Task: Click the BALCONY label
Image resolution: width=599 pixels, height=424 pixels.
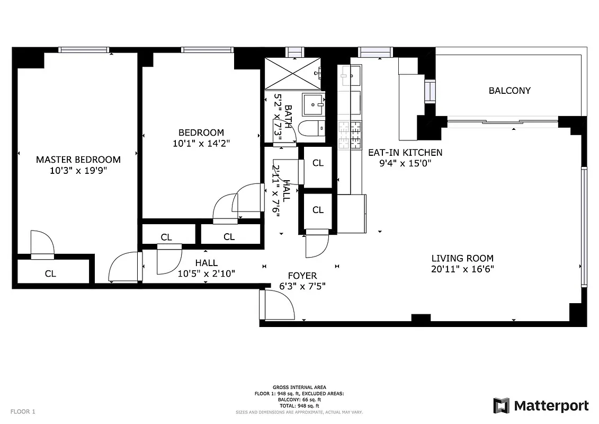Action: (509, 91)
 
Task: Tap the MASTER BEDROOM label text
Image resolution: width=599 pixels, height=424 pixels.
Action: (78, 160)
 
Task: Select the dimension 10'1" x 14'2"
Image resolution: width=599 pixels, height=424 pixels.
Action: (201, 143)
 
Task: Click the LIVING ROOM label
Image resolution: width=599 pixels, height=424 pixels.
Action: (462, 259)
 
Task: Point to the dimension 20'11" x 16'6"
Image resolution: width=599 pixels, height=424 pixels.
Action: (462, 269)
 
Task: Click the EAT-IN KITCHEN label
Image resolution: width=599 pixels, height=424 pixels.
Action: (405, 153)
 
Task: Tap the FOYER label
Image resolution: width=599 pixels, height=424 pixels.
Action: (302, 276)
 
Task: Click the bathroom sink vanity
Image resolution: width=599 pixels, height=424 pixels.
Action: (313, 104)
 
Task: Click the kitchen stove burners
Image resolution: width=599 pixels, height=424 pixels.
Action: (350, 135)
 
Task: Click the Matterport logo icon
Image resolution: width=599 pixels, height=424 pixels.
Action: (501, 405)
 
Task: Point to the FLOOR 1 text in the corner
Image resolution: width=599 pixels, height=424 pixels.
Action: (23, 411)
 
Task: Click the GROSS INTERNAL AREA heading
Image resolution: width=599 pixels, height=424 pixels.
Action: (299, 387)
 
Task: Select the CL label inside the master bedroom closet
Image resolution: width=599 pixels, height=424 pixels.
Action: (50, 274)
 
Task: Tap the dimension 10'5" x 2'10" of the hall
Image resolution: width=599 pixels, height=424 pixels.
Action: (206, 273)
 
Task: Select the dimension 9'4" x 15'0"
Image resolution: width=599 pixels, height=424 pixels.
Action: (405, 163)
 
